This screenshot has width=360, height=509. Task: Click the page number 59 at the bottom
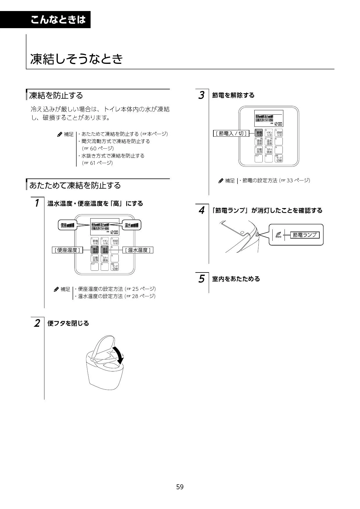(180, 487)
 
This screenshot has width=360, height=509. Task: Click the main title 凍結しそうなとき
(77, 59)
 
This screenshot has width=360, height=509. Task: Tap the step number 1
(37, 203)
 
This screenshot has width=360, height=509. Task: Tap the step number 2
(37, 323)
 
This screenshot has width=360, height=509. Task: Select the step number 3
(201, 95)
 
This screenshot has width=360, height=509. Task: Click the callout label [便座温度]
(67, 250)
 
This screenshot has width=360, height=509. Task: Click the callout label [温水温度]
(138, 250)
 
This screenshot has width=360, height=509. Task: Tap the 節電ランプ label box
(305, 235)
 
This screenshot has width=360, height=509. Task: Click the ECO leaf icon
(278, 234)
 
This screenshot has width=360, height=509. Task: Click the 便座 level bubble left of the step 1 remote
(67, 225)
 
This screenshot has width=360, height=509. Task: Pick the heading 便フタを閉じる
(68, 323)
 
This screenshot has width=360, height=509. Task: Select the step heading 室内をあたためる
(236, 279)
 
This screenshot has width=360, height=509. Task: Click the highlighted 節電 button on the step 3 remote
(259, 133)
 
